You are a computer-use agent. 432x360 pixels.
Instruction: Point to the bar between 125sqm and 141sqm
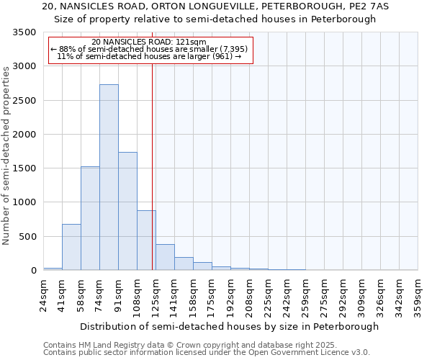click(165, 257)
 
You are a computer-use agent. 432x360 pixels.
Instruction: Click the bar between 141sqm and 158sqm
click(184, 264)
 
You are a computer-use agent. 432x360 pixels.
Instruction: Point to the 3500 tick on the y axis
click(24, 32)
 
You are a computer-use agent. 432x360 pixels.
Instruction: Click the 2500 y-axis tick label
click(24, 101)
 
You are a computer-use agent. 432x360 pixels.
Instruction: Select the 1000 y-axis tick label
click(24, 202)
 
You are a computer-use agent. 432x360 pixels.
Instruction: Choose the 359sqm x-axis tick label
click(418, 296)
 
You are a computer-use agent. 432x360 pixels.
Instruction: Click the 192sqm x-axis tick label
click(230, 296)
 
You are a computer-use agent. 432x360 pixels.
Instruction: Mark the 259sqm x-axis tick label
click(305, 296)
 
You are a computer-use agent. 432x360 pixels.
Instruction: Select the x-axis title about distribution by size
click(229, 326)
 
